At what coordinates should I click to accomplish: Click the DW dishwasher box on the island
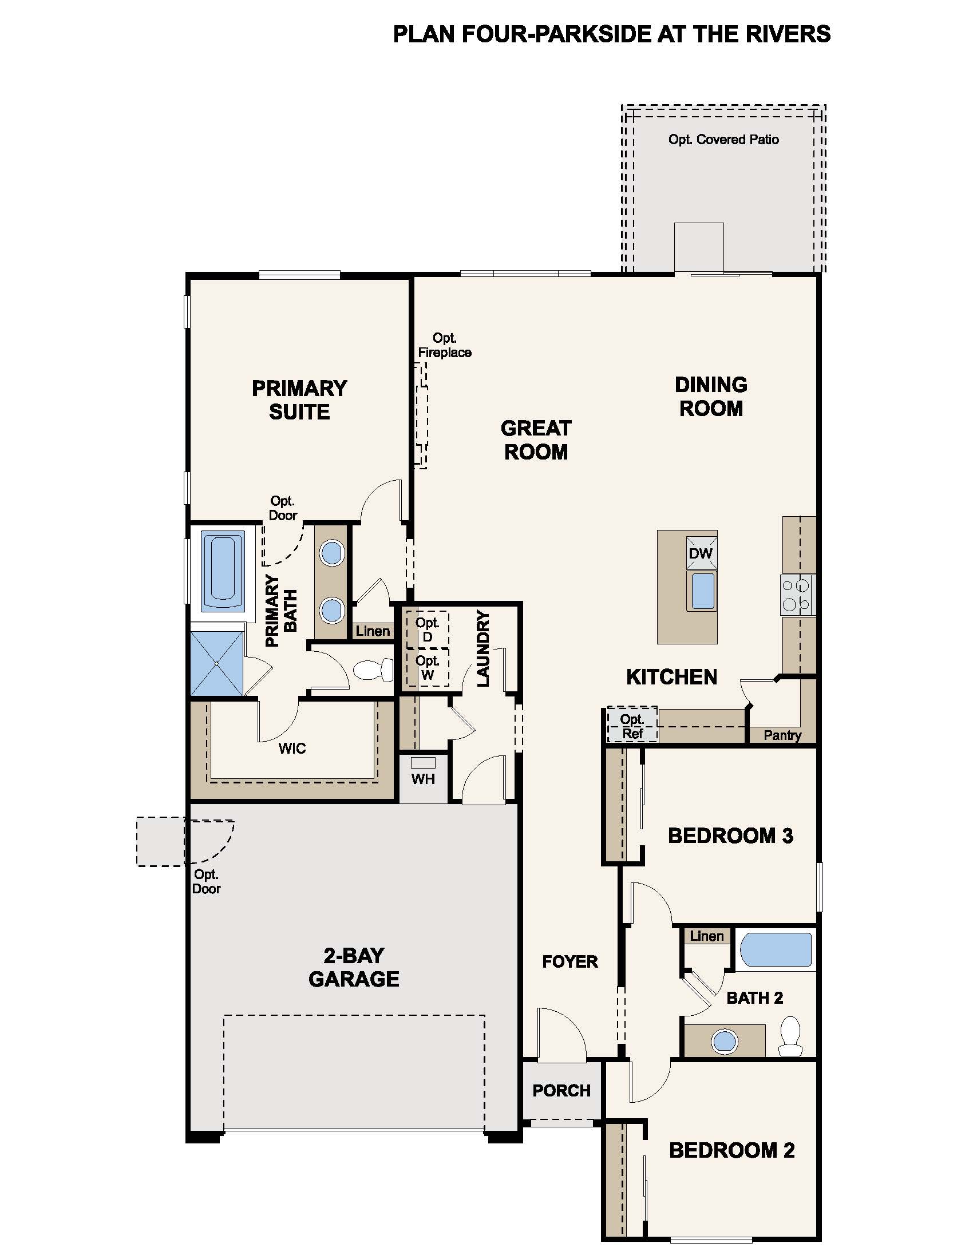[x=701, y=553]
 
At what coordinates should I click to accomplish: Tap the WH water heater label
[x=422, y=779]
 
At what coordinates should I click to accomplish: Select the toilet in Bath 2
[x=790, y=1036]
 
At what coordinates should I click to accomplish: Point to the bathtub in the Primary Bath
[x=223, y=571]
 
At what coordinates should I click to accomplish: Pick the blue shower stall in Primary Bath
[x=217, y=663]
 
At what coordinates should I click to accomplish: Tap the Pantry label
[x=782, y=735]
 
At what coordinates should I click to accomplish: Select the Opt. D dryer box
[x=427, y=629]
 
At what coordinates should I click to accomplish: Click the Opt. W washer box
[x=427, y=667]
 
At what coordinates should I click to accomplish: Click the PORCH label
[x=561, y=1091]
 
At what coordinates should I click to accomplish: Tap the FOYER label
[x=569, y=961]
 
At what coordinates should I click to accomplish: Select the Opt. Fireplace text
[x=444, y=345]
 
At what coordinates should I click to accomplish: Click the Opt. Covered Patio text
[x=723, y=140]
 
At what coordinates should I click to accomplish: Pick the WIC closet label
[x=292, y=749]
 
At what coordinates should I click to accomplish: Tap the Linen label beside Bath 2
[x=706, y=936]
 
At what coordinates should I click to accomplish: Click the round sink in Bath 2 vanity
[x=725, y=1041]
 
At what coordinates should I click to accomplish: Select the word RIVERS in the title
[x=788, y=34]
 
